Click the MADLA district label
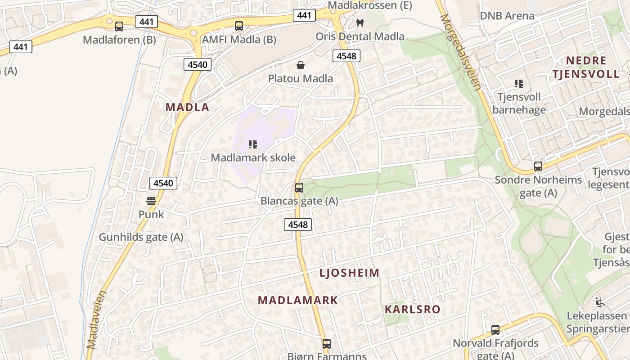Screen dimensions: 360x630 (187, 107)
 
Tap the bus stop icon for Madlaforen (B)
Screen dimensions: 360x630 (119, 27)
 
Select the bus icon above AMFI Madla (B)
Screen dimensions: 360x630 (239, 26)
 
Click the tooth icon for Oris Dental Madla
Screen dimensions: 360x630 (360, 22)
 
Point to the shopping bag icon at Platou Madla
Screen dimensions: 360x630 (301, 66)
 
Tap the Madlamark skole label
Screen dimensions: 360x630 (253, 157)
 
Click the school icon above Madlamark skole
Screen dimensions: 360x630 (253, 144)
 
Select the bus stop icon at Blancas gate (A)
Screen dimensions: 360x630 (299, 188)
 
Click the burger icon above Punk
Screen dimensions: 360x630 (151, 201)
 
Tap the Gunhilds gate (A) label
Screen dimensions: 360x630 (141, 237)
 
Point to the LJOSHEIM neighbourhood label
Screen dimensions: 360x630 (350, 273)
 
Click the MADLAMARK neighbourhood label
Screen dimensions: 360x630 (297, 300)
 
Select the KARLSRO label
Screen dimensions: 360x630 (412, 310)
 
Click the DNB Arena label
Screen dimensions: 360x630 (507, 16)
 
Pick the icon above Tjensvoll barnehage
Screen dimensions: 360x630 (519, 83)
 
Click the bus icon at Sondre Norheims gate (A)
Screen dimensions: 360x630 (538, 166)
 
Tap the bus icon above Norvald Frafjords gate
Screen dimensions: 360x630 (495, 330)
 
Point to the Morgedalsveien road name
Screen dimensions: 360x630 (461, 52)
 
